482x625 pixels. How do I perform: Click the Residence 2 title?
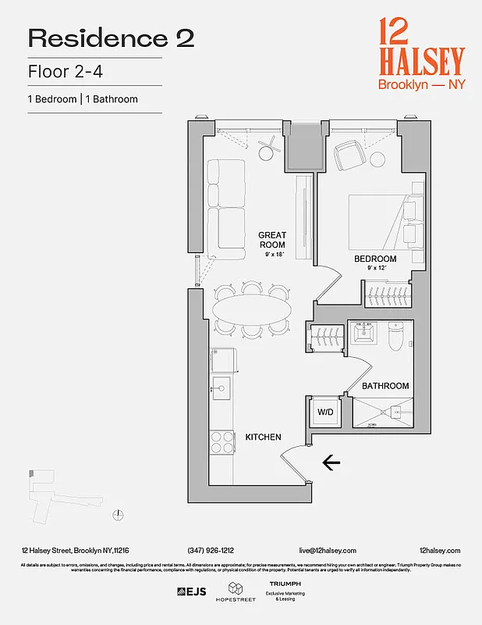111,38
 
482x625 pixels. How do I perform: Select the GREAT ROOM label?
272,240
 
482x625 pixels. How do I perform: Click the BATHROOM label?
385,386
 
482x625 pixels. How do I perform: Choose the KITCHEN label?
263,437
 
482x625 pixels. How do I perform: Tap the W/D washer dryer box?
323,412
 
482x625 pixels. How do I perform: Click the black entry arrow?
331,463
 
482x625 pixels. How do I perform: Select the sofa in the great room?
226,209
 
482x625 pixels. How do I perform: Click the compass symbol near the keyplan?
118,513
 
